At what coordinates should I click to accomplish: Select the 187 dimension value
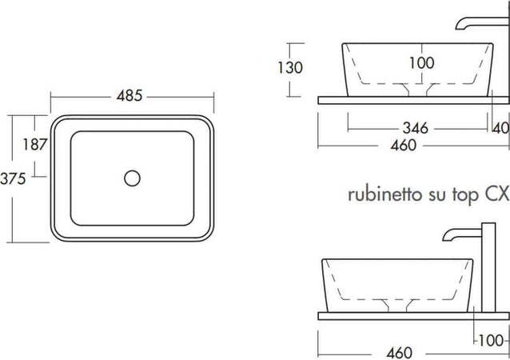pyautogui.click(x=33, y=145)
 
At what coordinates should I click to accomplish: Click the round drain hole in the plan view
pyautogui.click(x=133, y=177)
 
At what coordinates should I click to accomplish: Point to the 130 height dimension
pyautogui.click(x=290, y=68)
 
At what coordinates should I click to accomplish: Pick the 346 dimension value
pyautogui.click(x=416, y=127)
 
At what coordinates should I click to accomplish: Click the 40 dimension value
pyautogui.click(x=501, y=128)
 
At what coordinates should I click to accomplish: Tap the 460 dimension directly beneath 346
pyautogui.click(x=403, y=146)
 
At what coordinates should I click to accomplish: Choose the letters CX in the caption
pyautogui.click(x=497, y=194)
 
